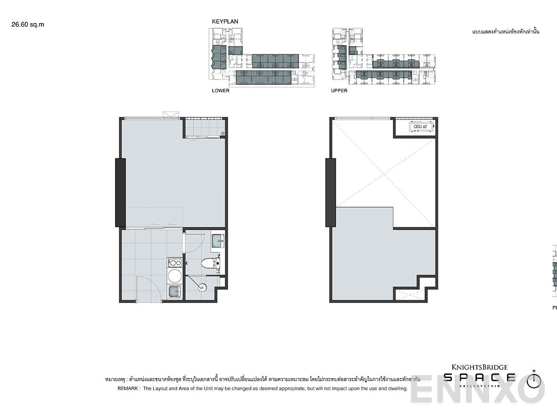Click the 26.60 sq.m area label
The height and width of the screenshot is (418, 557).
pyautogui.click(x=27, y=25)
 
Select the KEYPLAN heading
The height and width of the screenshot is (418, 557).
pyautogui.click(x=225, y=22)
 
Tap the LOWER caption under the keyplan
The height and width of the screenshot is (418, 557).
pyautogui.click(x=220, y=91)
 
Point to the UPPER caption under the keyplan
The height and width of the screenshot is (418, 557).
pyautogui.click(x=339, y=91)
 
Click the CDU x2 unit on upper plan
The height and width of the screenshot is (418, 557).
pyautogui.click(x=420, y=126)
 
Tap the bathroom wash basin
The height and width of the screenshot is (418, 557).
pyautogui.click(x=218, y=241)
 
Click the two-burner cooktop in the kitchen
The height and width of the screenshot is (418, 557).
pyautogui.click(x=175, y=262)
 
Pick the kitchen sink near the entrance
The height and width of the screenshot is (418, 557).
pyautogui.click(x=175, y=292)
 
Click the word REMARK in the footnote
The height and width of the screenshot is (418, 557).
pyautogui.click(x=128, y=389)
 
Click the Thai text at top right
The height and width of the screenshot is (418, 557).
pyautogui.click(x=505, y=32)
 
